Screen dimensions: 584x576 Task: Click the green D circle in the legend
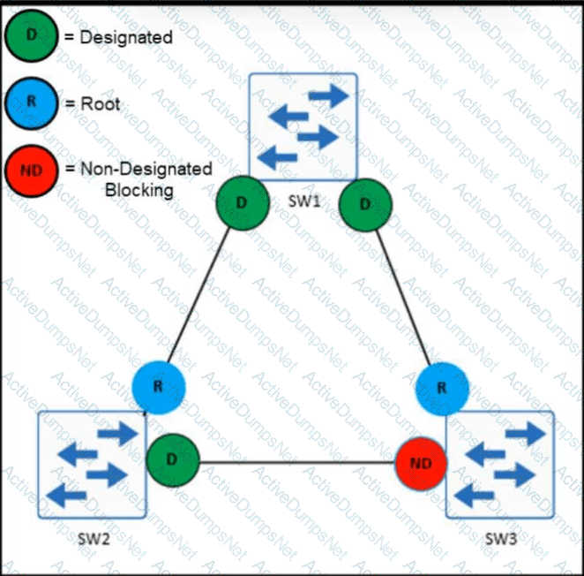(31, 35)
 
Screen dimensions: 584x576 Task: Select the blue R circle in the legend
(31, 103)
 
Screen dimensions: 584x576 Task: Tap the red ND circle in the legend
(31, 171)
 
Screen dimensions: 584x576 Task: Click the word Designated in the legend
(126, 37)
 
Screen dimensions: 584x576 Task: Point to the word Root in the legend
(101, 103)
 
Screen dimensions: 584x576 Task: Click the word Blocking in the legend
(139, 190)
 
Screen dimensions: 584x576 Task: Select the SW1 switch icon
(303, 127)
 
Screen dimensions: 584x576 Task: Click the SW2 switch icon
(92, 465)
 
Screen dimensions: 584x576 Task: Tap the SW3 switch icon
(500, 465)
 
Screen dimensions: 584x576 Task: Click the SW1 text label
(304, 201)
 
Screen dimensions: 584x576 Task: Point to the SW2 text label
(94, 539)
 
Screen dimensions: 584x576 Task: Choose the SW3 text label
(501, 539)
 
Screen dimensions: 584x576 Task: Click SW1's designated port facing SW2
(243, 202)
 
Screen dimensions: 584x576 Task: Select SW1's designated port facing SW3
(365, 205)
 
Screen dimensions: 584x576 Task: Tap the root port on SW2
(159, 387)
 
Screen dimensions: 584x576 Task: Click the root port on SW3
(442, 389)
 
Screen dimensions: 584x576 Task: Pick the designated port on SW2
(173, 460)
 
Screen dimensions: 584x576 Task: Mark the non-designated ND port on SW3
(421, 464)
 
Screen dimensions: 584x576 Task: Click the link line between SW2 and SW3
(297, 463)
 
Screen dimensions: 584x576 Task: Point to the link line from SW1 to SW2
(198, 295)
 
